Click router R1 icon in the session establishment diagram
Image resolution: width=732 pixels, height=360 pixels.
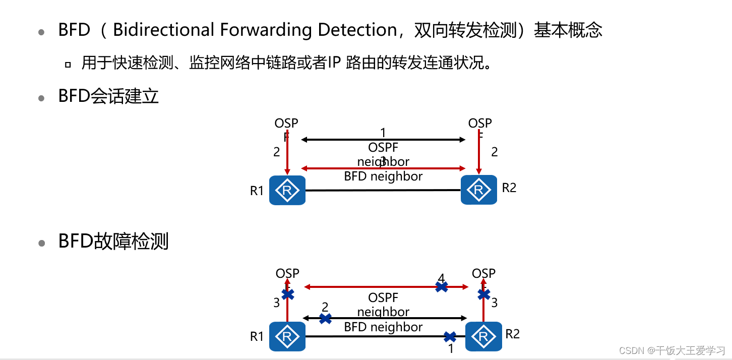(x=287, y=191)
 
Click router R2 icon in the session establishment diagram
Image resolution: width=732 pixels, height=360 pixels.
(x=479, y=190)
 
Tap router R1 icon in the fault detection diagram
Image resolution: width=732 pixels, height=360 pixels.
(x=287, y=336)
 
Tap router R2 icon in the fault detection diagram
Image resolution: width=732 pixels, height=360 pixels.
(x=483, y=336)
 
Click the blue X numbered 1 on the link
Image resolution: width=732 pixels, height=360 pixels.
(x=450, y=336)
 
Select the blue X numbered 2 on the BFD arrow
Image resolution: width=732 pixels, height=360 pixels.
(x=326, y=318)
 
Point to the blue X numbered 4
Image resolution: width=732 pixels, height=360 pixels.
(x=442, y=287)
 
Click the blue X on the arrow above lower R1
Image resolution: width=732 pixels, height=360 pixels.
(x=288, y=294)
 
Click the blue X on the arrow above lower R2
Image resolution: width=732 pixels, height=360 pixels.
(x=483, y=294)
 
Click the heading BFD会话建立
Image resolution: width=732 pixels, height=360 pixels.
(x=108, y=96)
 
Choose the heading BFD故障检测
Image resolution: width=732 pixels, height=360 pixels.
(x=113, y=242)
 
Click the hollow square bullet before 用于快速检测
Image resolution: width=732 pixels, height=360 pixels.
(x=68, y=65)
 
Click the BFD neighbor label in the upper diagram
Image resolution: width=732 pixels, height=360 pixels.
(x=383, y=176)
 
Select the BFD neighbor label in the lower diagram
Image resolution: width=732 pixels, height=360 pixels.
(x=383, y=327)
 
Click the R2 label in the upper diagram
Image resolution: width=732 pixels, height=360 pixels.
(x=509, y=188)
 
